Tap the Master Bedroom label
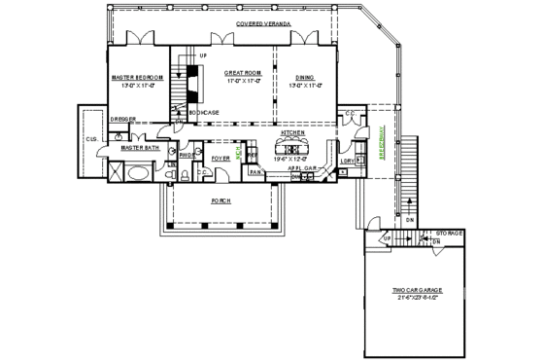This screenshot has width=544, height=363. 135,75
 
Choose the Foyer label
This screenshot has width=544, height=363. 221,157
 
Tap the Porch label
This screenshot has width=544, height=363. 221,200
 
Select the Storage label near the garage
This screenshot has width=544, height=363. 449,234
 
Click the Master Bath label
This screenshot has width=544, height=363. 141,149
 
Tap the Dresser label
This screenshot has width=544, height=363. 122,120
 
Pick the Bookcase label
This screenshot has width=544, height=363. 204,113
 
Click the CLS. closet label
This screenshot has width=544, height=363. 91,139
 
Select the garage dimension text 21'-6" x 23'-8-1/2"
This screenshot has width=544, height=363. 418,298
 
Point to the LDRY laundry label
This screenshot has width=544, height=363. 346,162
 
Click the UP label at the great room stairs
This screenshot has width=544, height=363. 203,56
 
